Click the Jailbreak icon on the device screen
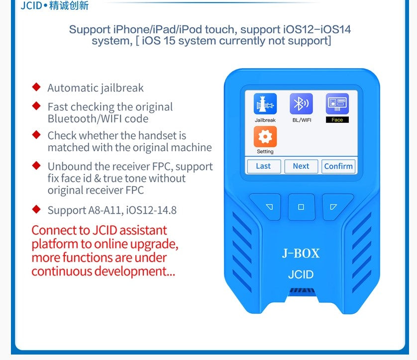(x=265, y=104)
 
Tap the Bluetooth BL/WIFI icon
(x=301, y=104)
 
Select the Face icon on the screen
(x=337, y=104)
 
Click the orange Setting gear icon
(x=265, y=136)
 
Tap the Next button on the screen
(x=301, y=166)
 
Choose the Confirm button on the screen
(x=338, y=166)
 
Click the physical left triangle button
(x=269, y=206)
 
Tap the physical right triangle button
(x=334, y=206)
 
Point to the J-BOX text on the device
(x=301, y=253)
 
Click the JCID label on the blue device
(x=301, y=274)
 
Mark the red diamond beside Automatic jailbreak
(x=36, y=87)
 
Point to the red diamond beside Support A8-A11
(x=36, y=209)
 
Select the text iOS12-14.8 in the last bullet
(x=151, y=210)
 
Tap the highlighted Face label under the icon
(x=337, y=120)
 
